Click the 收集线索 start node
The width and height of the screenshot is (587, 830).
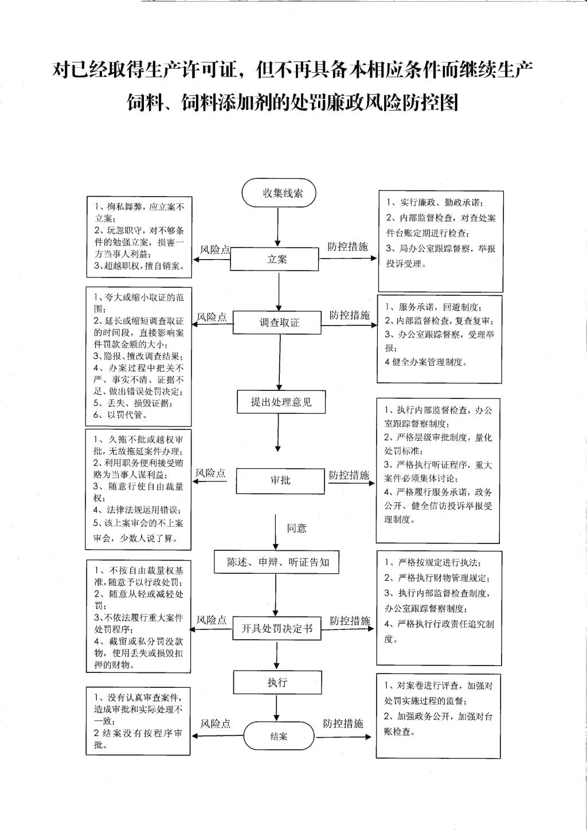pyautogui.click(x=279, y=193)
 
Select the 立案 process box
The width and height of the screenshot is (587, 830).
pyautogui.click(x=275, y=259)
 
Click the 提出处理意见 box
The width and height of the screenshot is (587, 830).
pyautogui.click(x=281, y=402)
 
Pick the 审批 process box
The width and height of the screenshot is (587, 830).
pyautogui.click(x=280, y=480)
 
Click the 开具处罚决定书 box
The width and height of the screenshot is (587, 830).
pyautogui.click(x=276, y=629)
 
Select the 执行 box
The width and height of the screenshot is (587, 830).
pyautogui.click(x=277, y=682)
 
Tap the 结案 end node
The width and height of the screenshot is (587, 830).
pyautogui.click(x=279, y=736)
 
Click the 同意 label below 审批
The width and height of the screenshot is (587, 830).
pyautogui.click(x=297, y=528)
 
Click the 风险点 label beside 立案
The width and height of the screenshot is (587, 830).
pyautogui.click(x=215, y=249)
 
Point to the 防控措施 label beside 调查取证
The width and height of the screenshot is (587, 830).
pyautogui.click(x=349, y=315)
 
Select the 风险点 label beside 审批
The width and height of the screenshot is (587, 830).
pyautogui.click(x=210, y=473)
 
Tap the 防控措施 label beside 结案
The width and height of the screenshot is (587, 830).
pyautogui.click(x=343, y=723)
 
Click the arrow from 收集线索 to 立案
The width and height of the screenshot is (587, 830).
pyautogui.click(x=279, y=226)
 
